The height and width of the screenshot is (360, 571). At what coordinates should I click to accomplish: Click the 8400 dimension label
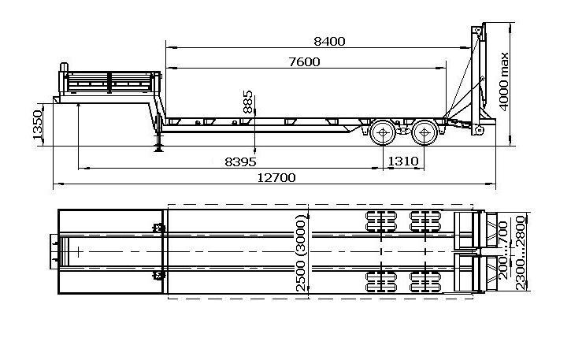tap(329, 41)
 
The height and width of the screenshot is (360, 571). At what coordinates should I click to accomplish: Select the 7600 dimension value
tap(305, 62)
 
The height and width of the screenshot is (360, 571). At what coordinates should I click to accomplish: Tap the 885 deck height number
tap(247, 102)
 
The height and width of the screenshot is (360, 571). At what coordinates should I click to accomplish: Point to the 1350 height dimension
tap(38, 125)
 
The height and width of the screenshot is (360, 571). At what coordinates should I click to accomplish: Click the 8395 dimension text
tap(240, 161)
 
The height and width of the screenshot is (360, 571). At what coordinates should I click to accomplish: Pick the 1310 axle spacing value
tap(403, 161)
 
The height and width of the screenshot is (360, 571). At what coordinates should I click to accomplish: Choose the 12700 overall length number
tap(276, 178)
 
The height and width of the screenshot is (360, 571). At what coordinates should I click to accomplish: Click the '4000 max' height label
tap(503, 82)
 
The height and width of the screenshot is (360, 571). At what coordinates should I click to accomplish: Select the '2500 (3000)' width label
tap(301, 253)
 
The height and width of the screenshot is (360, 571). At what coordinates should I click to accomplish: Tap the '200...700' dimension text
tap(503, 251)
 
